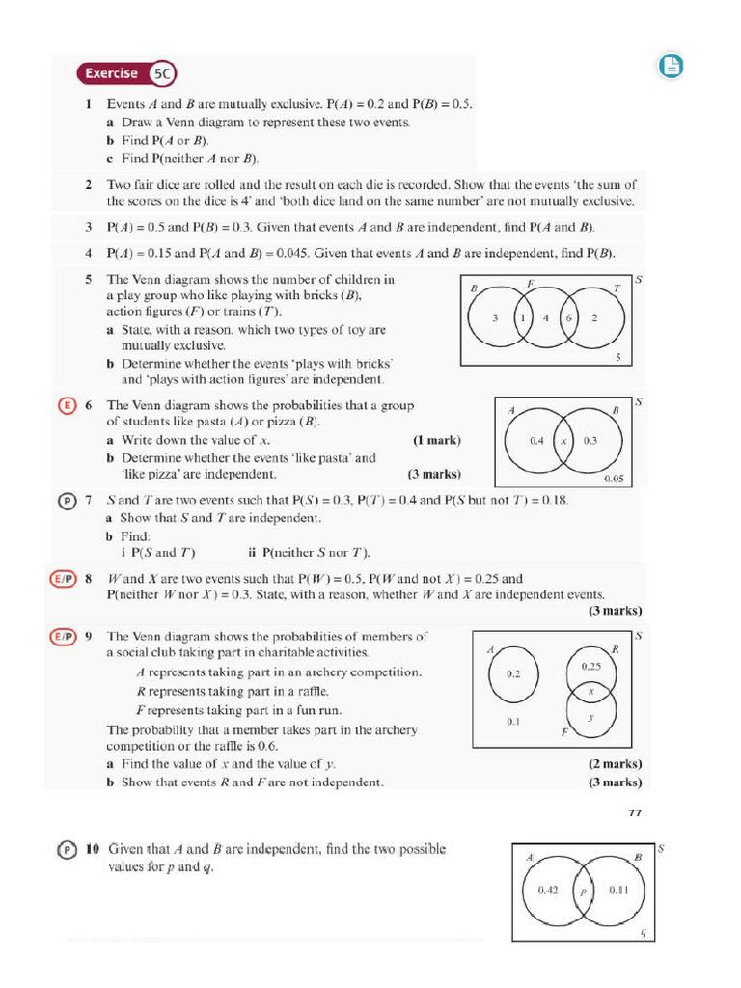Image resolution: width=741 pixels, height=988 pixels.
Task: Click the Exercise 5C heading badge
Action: click(126, 73)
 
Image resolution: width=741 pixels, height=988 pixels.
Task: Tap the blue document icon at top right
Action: click(671, 66)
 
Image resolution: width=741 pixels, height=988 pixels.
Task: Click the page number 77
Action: click(634, 812)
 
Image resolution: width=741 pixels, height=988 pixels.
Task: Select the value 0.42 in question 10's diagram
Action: click(548, 891)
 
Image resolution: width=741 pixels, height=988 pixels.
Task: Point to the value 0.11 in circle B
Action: click(618, 891)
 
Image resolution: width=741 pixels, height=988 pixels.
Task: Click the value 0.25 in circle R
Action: click(591, 666)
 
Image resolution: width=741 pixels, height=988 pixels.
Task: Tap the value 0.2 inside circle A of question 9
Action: click(512, 673)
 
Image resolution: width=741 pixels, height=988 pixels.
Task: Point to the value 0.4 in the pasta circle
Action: click(537, 440)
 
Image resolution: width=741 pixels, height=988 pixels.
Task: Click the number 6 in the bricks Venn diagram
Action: click(569, 317)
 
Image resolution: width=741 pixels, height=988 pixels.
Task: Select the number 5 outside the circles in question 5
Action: click(618, 357)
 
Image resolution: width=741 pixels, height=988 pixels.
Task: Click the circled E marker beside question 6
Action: click(65, 405)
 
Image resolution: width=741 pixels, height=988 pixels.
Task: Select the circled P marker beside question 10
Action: click(66, 850)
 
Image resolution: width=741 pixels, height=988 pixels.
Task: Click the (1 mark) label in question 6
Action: click(436, 440)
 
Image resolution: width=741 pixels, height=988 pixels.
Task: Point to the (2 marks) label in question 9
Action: click(615, 764)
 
